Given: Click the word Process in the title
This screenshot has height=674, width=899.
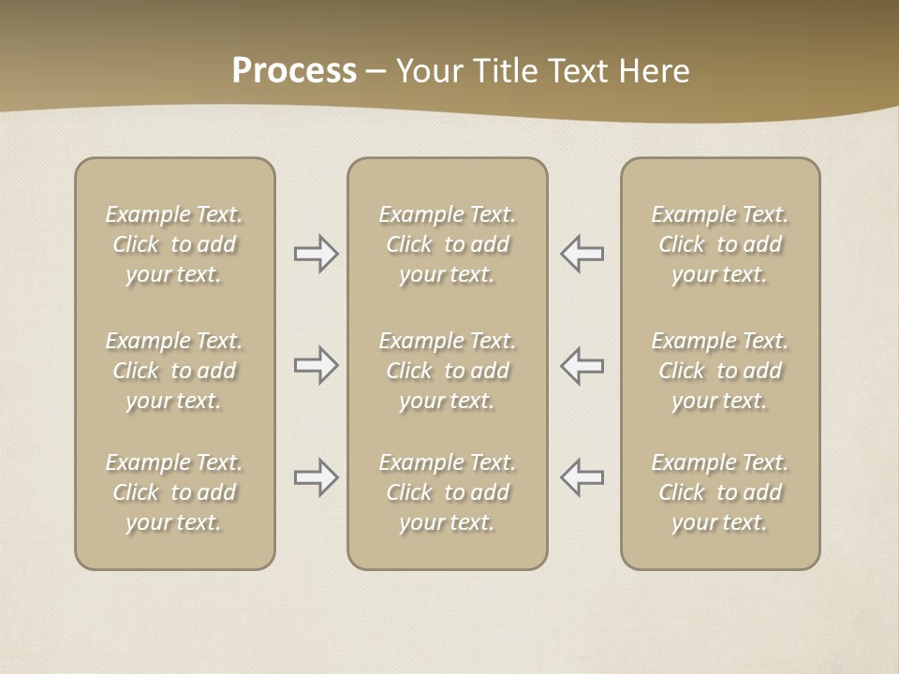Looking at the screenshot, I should pyautogui.click(x=294, y=71).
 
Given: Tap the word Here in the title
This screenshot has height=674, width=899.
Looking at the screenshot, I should pyautogui.click(x=656, y=71).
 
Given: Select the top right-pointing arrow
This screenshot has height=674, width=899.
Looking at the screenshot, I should pyautogui.click(x=316, y=254).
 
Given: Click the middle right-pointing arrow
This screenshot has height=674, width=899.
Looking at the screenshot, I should pyautogui.click(x=316, y=365).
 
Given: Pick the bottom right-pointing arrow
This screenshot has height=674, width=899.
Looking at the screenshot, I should pyautogui.click(x=316, y=477).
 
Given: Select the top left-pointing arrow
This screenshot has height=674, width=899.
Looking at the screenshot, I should pyautogui.click(x=582, y=254).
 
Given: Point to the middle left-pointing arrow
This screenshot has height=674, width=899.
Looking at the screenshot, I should pyautogui.click(x=582, y=365).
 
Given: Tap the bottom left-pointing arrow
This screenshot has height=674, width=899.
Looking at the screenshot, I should pyautogui.click(x=582, y=477).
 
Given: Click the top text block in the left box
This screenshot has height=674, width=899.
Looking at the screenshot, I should pyautogui.click(x=174, y=244).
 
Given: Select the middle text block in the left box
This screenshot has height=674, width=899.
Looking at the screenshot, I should pyautogui.click(x=174, y=371).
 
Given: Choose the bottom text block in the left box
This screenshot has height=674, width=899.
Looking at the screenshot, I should pyautogui.click(x=174, y=492).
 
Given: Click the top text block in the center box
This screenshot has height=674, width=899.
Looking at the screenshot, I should pyautogui.click(x=447, y=244).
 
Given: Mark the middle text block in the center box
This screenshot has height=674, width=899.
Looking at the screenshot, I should pyautogui.click(x=447, y=371).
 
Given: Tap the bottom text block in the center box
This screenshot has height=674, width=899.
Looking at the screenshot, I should pyautogui.click(x=447, y=492).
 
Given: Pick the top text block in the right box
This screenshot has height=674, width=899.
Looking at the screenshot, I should pyautogui.click(x=719, y=244).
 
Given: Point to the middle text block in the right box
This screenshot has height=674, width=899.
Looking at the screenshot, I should pyautogui.click(x=719, y=371).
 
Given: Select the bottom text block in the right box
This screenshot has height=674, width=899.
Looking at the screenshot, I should pyautogui.click(x=719, y=492).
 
